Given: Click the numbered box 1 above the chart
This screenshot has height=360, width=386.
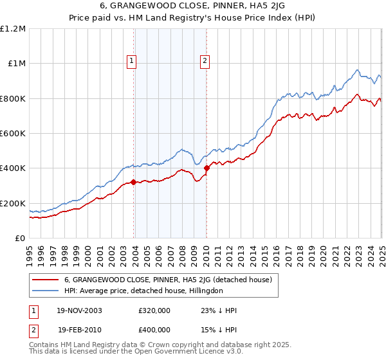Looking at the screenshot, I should click(x=131, y=61).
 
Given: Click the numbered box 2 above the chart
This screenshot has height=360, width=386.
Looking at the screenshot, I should click(x=205, y=61).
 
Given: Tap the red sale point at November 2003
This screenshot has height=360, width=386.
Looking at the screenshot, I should click(x=133, y=182).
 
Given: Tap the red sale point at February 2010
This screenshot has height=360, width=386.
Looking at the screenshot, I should click(x=207, y=168).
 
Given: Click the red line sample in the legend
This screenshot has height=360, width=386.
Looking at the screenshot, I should click(x=46, y=280).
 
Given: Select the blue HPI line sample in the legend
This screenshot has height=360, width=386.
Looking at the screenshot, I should click(x=46, y=291).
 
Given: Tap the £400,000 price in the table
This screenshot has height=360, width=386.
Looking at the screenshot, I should click(x=154, y=329).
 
